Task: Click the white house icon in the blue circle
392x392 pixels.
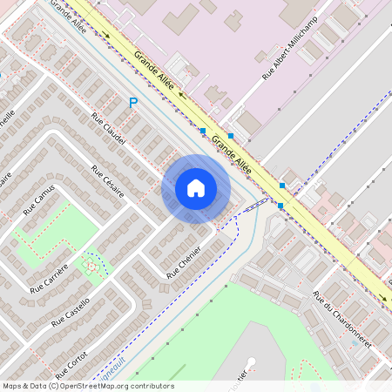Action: click(x=196, y=188)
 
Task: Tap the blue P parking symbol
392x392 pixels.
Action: click(x=133, y=103)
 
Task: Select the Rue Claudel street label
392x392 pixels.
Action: click(x=109, y=128)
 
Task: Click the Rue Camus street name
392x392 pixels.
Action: click(x=39, y=199)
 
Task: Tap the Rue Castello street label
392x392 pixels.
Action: click(x=71, y=311)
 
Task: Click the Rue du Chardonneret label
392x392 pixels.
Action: click(x=341, y=320)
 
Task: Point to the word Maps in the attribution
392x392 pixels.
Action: click(x=12, y=386)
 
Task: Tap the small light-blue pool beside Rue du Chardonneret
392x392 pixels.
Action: click(x=353, y=341)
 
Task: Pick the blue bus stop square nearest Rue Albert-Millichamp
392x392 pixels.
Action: click(x=230, y=136)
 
